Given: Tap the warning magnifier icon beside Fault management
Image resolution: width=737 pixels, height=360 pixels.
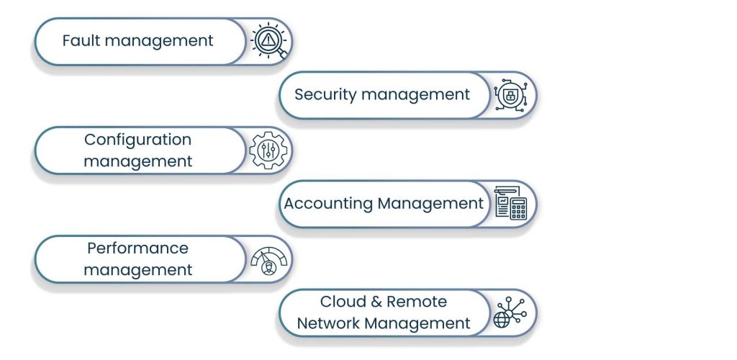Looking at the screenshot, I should click(x=269, y=41).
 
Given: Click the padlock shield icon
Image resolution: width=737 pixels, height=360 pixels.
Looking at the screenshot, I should click(x=512, y=95).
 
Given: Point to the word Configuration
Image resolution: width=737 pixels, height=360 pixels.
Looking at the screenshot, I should click(x=137, y=140).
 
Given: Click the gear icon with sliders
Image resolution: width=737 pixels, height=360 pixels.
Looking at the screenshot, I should click(x=268, y=150).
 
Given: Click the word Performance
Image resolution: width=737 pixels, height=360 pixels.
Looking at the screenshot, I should click(x=137, y=248).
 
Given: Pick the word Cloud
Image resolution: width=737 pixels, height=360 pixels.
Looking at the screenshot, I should click(x=343, y=302).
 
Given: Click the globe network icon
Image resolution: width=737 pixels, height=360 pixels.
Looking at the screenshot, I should click(x=511, y=312).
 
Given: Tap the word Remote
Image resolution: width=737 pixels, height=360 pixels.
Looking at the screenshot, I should click(x=417, y=302).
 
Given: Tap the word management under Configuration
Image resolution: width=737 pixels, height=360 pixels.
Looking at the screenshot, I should click(x=137, y=161).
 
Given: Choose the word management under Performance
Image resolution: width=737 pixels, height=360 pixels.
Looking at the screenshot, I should click(x=137, y=270).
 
